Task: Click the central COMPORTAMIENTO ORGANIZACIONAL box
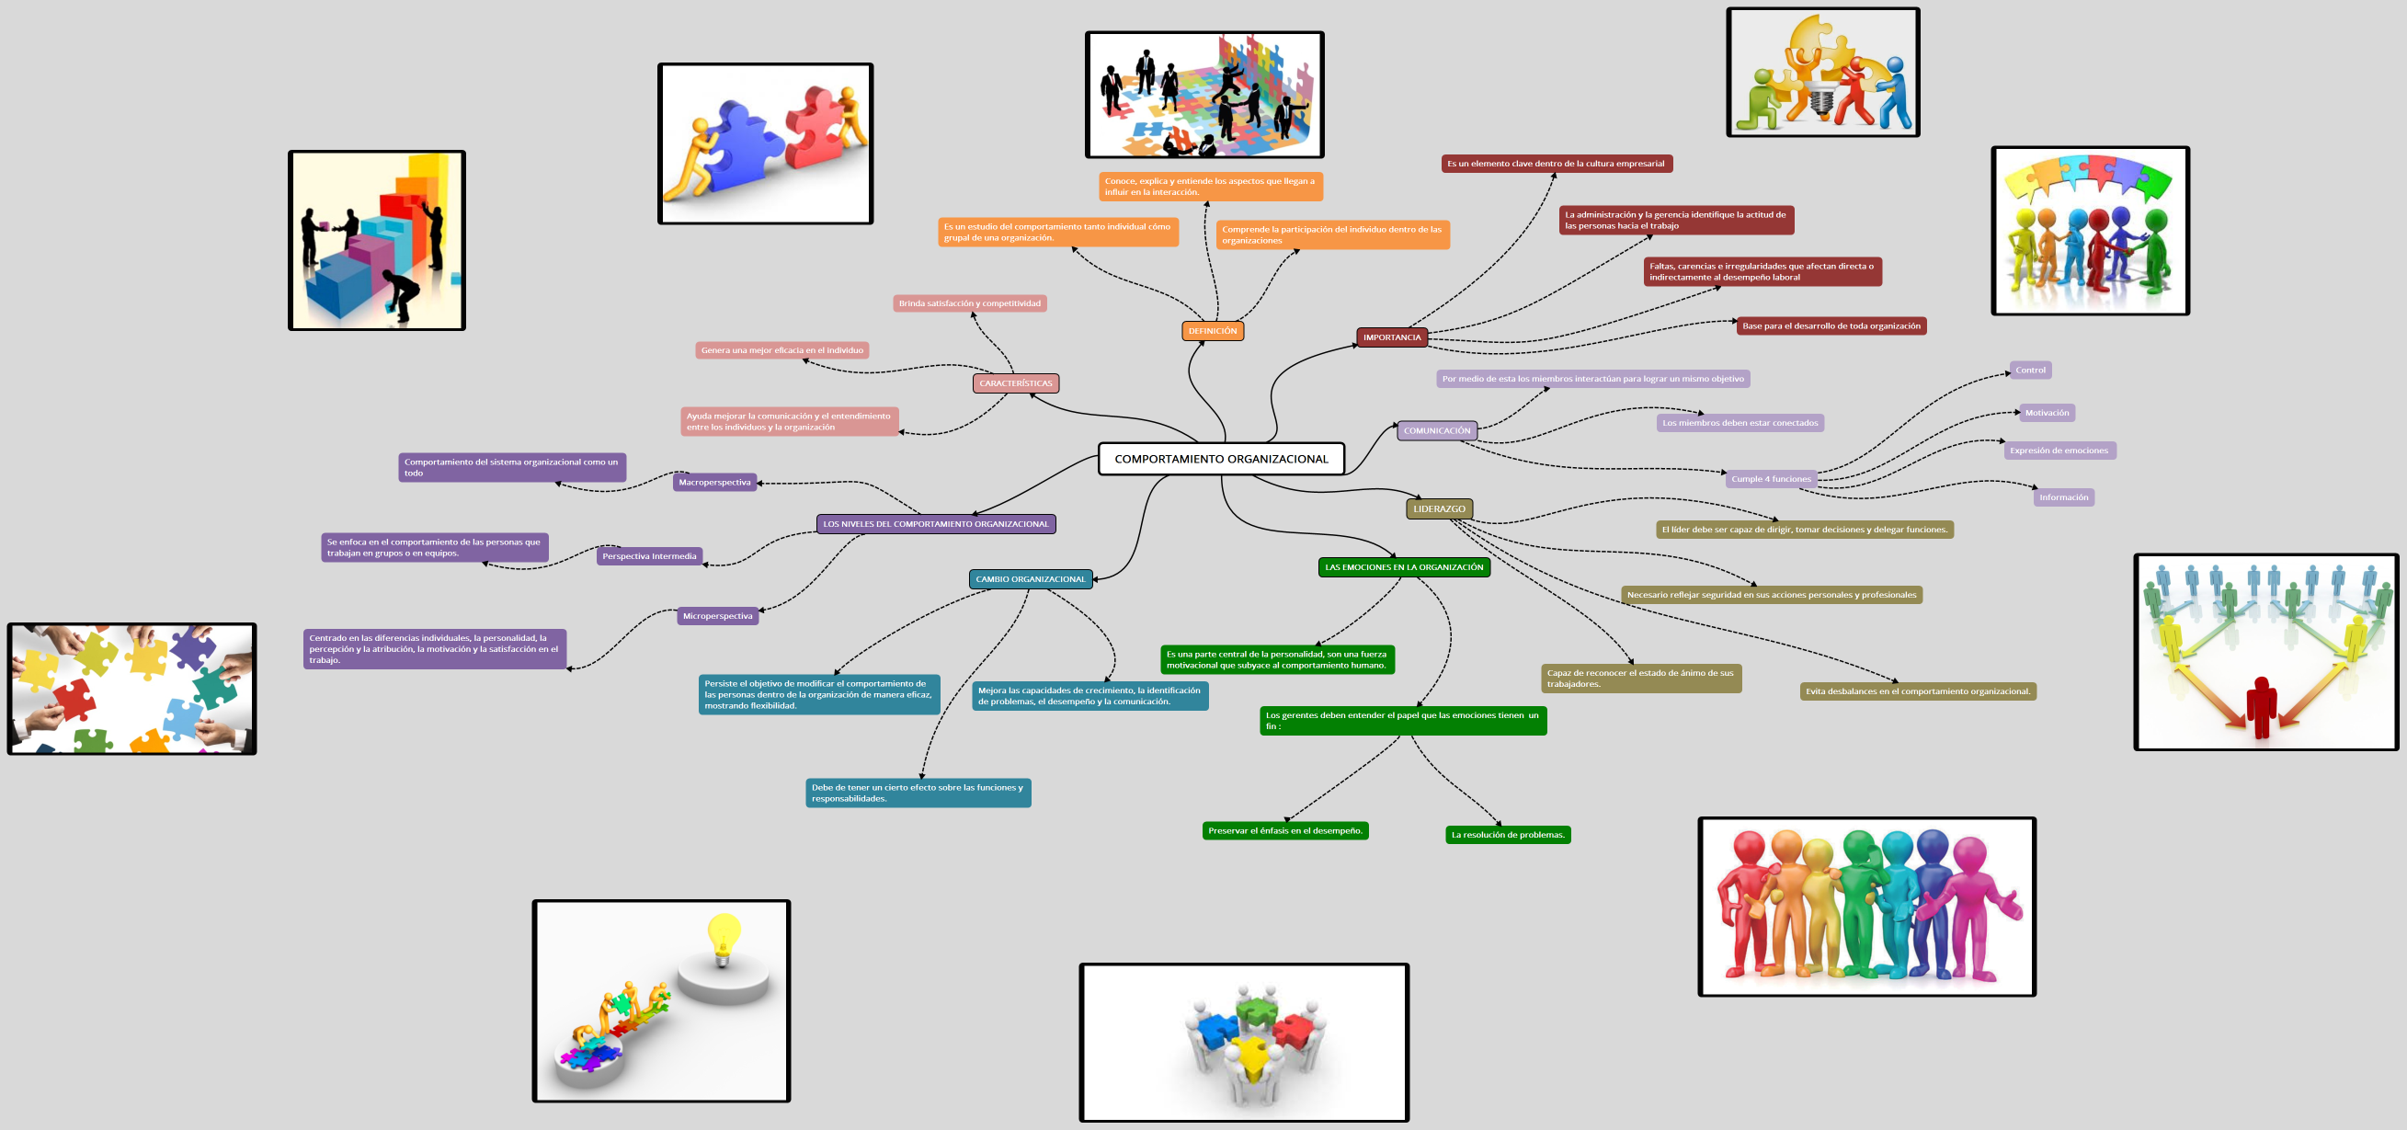(1220, 459)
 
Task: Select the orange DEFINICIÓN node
(1212, 331)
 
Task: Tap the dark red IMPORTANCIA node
(1391, 337)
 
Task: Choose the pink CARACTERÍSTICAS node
(1015, 383)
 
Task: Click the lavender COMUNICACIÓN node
(1436, 431)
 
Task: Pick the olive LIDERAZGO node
(1439, 509)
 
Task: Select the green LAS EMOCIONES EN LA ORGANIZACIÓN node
(1403, 567)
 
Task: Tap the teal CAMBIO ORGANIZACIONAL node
(1030, 579)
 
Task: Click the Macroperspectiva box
(713, 483)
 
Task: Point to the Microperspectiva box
(717, 616)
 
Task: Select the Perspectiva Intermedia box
(648, 556)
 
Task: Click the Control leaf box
(2029, 371)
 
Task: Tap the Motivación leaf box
(2047, 413)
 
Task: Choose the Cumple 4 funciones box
(1771, 479)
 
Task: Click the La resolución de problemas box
(1507, 835)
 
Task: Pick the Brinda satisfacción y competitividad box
(969, 303)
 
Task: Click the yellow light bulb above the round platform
(724, 937)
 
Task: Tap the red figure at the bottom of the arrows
(2261, 707)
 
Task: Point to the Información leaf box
(2063, 497)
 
